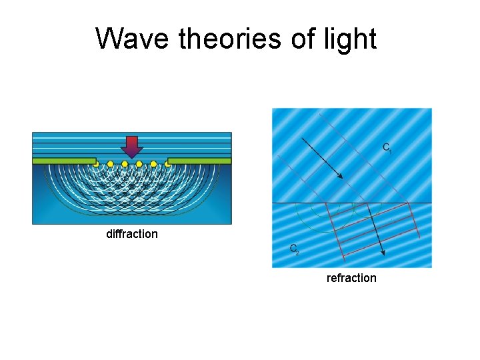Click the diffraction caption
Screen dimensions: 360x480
pyautogui.click(x=132, y=234)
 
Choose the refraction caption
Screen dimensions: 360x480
pyautogui.click(x=351, y=278)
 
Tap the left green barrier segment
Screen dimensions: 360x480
pyautogui.click(x=63, y=161)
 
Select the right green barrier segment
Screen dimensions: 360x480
pyautogui.click(x=199, y=161)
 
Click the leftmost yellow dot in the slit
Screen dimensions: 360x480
pyautogui.click(x=96, y=163)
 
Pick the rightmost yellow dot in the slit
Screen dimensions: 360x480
pyautogui.click(x=168, y=163)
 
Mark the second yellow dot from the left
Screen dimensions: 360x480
pyautogui.click(x=110, y=163)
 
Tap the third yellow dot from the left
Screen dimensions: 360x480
pyautogui.click(x=125, y=163)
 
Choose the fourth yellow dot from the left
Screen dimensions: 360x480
pyautogui.click(x=139, y=163)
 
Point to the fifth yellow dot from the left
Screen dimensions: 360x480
pyautogui.click(x=153, y=163)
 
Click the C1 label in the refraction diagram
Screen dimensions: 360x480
pyautogui.click(x=387, y=147)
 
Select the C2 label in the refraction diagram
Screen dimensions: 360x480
pyautogui.click(x=294, y=249)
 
